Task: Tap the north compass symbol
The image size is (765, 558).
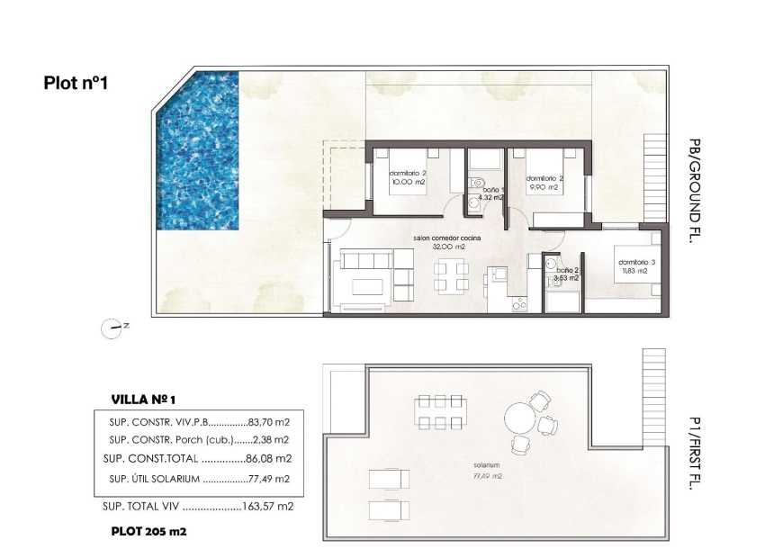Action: point(112,328)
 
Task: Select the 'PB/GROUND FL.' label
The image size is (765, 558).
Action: point(694,190)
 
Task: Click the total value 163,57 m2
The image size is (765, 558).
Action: point(268,506)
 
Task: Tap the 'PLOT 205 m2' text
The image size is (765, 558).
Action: point(148,531)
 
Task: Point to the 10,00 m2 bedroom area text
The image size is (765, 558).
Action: point(408,183)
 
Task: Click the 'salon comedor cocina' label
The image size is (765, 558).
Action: point(446,238)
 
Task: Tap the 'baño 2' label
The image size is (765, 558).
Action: point(567,270)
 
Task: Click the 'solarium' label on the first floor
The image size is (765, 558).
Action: point(487,465)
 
